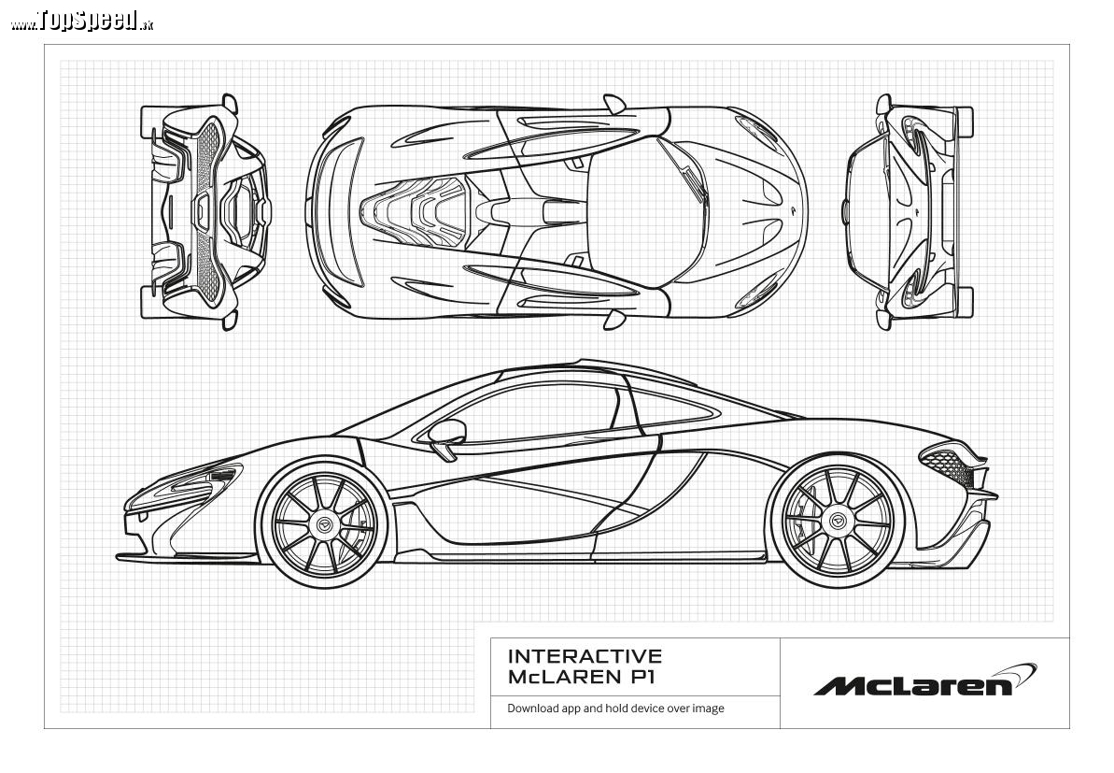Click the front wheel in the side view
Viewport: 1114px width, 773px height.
pyautogui.click(x=325, y=524)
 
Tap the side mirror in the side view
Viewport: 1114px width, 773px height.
pyautogui.click(x=447, y=437)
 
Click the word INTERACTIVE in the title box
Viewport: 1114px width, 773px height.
pyautogui.click(x=585, y=655)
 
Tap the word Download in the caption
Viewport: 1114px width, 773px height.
pyautogui.click(x=533, y=709)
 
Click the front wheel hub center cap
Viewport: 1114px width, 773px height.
pyautogui.click(x=325, y=524)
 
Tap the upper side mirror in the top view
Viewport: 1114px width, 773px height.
pyautogui.click(x=613, y=104)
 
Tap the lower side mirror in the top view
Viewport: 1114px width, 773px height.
pyautogui.click(x=613, y=320)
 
